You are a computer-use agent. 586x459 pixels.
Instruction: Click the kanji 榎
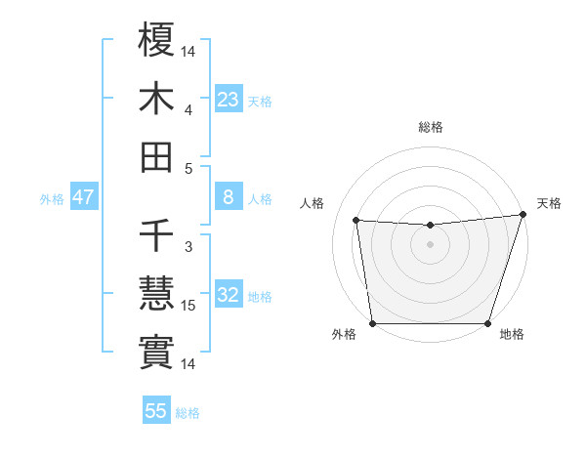pos(156,40)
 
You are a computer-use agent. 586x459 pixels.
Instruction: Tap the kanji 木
pos(156,98)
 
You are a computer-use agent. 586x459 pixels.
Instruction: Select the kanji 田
pos(156,155)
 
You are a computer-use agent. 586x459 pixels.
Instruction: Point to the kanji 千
pos(156,235)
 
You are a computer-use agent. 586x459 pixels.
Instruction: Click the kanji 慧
pos(156,294)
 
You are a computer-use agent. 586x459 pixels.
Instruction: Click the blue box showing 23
pos(229,100)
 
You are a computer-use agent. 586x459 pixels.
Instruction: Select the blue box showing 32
pos(229,296)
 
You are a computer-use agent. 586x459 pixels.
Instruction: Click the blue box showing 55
pos(156,411)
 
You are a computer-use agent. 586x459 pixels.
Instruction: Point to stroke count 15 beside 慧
pos(189,306)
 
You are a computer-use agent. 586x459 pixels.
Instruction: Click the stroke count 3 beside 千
pos(188,247)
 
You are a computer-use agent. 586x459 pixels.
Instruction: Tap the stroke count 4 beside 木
pos(188,109)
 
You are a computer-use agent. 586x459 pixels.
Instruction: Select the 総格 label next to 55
pos(188,413)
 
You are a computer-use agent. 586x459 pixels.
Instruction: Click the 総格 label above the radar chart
pos(431,127)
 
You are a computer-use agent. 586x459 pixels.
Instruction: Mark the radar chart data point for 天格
pos(523,215)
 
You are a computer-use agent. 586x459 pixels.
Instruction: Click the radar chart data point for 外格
pos(372,323)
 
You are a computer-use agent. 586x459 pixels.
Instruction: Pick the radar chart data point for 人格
pos(356,221)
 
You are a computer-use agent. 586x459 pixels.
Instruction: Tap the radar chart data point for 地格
pos(487,323)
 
